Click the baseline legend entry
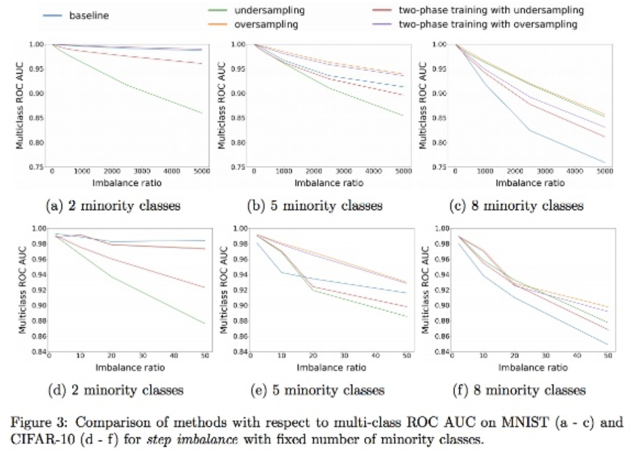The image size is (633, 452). (89, 16)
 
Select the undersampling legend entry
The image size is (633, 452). (269, 10)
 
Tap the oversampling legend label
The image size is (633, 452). (266, 25)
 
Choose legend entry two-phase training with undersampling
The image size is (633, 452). (491, 10)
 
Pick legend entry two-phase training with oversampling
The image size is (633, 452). (488, 25)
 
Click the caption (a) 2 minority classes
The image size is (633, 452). (113, 206)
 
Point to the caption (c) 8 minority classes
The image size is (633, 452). (517, 206)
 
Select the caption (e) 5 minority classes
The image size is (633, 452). (318, 390)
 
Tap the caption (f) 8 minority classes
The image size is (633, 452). (519, 390)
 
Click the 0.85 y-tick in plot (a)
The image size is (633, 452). (36, 118)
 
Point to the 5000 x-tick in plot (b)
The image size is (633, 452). (403, 171)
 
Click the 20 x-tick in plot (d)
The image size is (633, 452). (111, 355)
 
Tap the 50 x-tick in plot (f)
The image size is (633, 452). (608, 355)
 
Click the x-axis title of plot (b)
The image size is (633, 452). (329, 183)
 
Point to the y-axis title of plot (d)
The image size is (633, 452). (22, 290)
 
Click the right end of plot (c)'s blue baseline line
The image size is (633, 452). (605, 162)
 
